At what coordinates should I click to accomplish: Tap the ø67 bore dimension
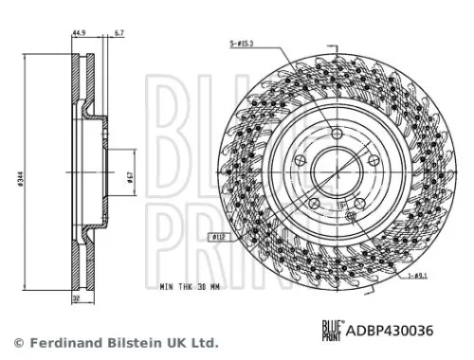coord(128,175)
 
